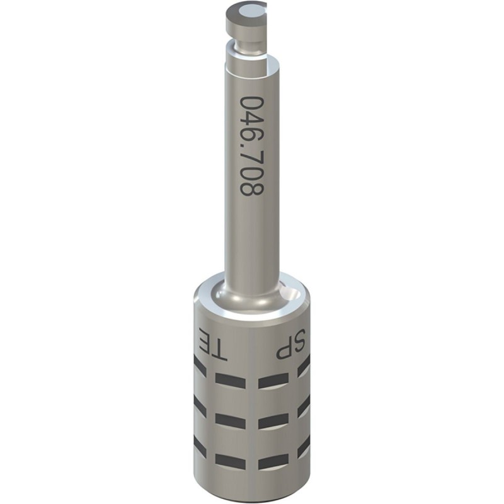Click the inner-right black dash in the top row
click(x=273, y=379)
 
